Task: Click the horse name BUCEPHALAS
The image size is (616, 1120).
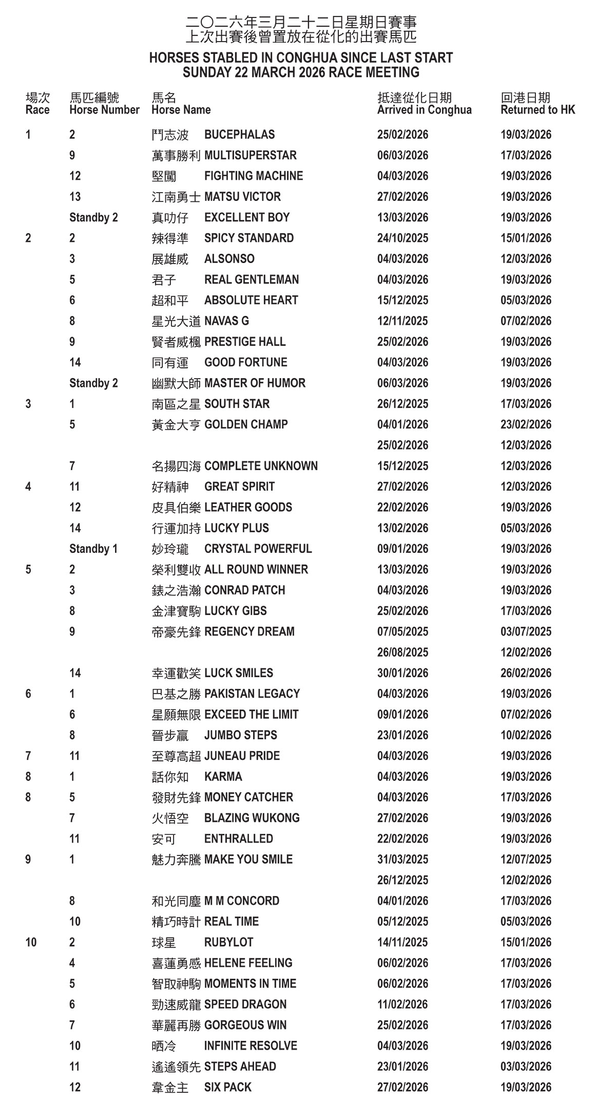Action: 239,135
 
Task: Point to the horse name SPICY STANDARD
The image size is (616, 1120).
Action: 249,238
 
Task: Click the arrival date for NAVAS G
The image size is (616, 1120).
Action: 402,321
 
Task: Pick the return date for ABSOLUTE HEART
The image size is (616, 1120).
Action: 526,300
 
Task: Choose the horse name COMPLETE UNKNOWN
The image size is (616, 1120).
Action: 261,466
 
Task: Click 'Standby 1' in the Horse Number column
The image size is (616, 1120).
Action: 93,549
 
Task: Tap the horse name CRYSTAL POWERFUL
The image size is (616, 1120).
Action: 258,549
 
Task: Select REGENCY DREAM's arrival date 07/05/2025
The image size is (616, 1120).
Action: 402,631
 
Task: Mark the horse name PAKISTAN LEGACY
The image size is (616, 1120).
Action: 252,694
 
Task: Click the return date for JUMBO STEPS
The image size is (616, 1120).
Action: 526,735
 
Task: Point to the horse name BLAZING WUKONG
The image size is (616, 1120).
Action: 252,818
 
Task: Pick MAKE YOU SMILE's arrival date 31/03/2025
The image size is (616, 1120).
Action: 402,860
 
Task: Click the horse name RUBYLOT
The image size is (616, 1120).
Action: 228,942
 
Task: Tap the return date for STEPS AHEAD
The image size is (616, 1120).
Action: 526,1067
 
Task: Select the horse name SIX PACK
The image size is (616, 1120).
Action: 227,1087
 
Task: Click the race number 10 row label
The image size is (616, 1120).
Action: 31,942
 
